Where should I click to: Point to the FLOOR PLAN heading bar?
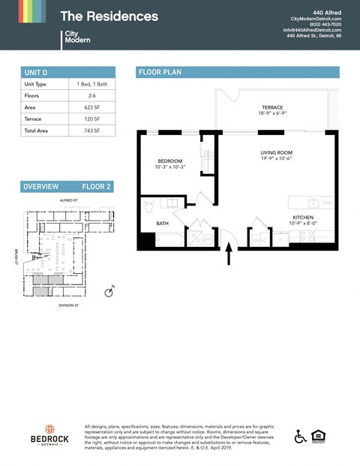point(238,72)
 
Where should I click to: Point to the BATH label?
point(162,224)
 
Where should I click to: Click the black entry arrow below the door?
point(229,257)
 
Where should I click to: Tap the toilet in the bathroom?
point(148,203)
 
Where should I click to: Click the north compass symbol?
point(109,292)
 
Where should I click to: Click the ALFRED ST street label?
point(69,201)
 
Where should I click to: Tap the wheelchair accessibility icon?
point(300,437)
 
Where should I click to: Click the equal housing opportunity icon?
point(318,437)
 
